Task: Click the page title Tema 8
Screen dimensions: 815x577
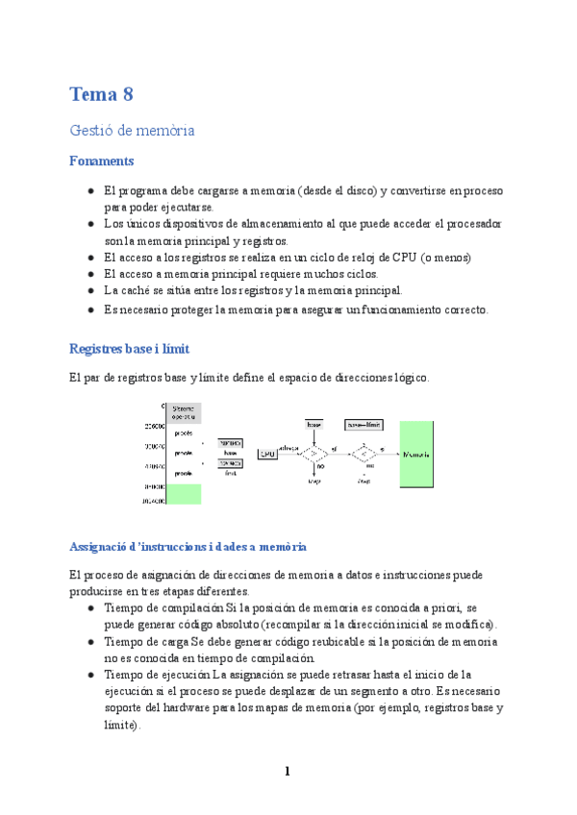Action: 101,94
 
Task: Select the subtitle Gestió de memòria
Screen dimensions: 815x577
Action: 132,130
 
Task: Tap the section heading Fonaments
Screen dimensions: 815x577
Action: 101,161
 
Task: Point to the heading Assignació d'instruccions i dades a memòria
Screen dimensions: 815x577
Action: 188,546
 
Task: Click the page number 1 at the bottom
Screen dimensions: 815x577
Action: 287,771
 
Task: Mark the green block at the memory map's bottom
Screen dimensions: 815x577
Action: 183,494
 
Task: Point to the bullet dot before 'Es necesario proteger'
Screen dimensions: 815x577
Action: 89,309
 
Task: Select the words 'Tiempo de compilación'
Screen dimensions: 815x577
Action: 163,609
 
